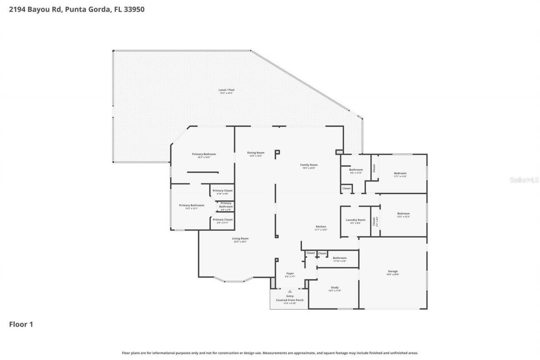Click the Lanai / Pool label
click(226, 90)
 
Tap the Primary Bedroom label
click(204, 154)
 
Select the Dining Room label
click(256, 153)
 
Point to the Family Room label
click(309, 165)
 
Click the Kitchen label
click(321, 227)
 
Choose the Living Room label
click(240, 239)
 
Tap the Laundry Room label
click(355, 220)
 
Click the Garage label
click(393, 271)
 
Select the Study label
click(335, 288)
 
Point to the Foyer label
click(290, 273)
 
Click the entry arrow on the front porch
click(289, 291)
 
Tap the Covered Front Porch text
click(290, 300)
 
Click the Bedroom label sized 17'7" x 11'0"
click(400, 173)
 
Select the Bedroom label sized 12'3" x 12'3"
click(403, 214)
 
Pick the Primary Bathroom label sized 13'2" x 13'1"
click(191, 206)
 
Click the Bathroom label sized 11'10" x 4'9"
click(340, 258)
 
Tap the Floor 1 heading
click(21, 324)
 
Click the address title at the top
click(77, 9)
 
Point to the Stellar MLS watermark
click(524, 180)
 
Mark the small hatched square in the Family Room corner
click(339, 152)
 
